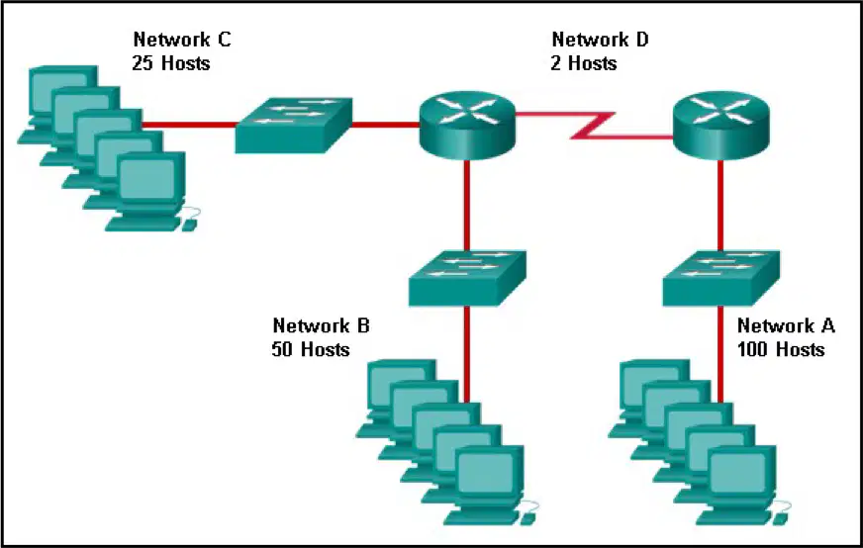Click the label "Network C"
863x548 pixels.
[x=182, y=40]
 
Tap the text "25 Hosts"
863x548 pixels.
[x=171, y=63]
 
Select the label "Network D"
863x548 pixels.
[x=600, y=40]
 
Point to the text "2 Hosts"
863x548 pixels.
[x=583, y=63]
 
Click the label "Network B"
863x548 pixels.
[x=322, y=325]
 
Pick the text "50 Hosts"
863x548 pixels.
[x=311, y=349]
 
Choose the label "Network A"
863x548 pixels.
[x=786, y=325]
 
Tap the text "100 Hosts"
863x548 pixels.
[x=781, y=349]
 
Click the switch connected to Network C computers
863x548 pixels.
[x=293, y=125]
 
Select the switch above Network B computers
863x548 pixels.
[x=467, y=278]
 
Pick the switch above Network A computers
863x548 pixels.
[x=720, y=278]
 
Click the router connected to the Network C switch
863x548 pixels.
[x=467, y=125]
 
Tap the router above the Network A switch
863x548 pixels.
[x=720, y=125]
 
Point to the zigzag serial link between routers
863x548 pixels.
[x=594, y=126]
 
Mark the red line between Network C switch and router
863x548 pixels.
[x=385, y=125]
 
